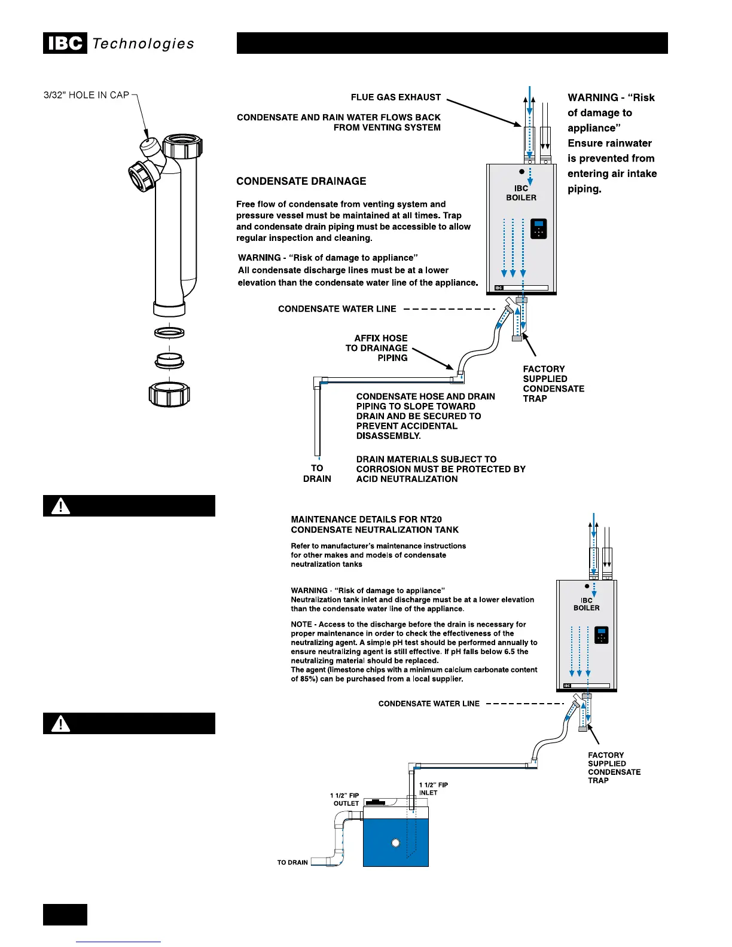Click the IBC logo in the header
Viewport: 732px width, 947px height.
[65, 44]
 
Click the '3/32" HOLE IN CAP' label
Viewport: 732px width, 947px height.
[86, 95]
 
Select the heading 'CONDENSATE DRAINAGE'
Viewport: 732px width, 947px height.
[301, 181]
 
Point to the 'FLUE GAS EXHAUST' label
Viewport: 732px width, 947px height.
[395, 97]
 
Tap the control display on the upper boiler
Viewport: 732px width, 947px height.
[539, 228]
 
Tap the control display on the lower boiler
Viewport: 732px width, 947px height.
[602, 635]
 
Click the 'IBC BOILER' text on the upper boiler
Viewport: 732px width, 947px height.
[521, 193]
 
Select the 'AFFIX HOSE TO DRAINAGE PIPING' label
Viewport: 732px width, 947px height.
[377, 348]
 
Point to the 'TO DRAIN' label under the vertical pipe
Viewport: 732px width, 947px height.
[317, 473]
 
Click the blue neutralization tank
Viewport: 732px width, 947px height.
[395, 842]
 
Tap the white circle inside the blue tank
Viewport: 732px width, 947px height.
[395, 843]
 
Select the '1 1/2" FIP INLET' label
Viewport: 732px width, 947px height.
[433, 789]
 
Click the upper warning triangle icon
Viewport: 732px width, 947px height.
[60, 506]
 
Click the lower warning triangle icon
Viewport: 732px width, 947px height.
[60, 724]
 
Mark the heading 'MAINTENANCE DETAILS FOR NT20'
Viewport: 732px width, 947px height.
[366, 520]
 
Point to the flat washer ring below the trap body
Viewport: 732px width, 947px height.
[169, 332]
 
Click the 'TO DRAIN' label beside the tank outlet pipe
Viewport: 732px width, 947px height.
[292, 863]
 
